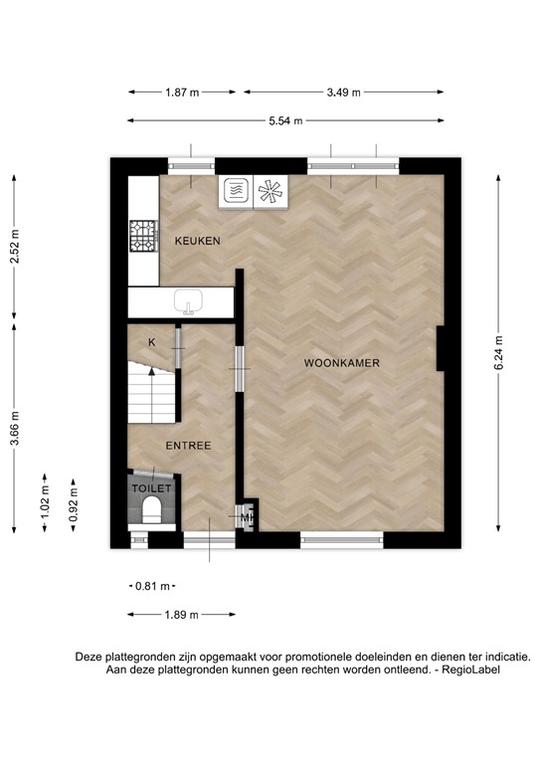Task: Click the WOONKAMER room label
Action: click(342, 364)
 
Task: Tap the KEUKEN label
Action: click(198, 242)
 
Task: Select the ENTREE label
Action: click(188, 446)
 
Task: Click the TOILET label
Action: click(152, 488)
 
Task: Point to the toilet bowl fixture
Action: click(152, 511)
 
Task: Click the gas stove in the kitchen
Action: click(143, 235)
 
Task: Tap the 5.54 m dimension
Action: click(284, 121)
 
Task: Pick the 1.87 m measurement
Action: click(182, 93)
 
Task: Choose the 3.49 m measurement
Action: click(343, 93)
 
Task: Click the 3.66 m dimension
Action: click(14, 429)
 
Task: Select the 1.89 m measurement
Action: click(182, 615)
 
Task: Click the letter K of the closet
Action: click(152, 342)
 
